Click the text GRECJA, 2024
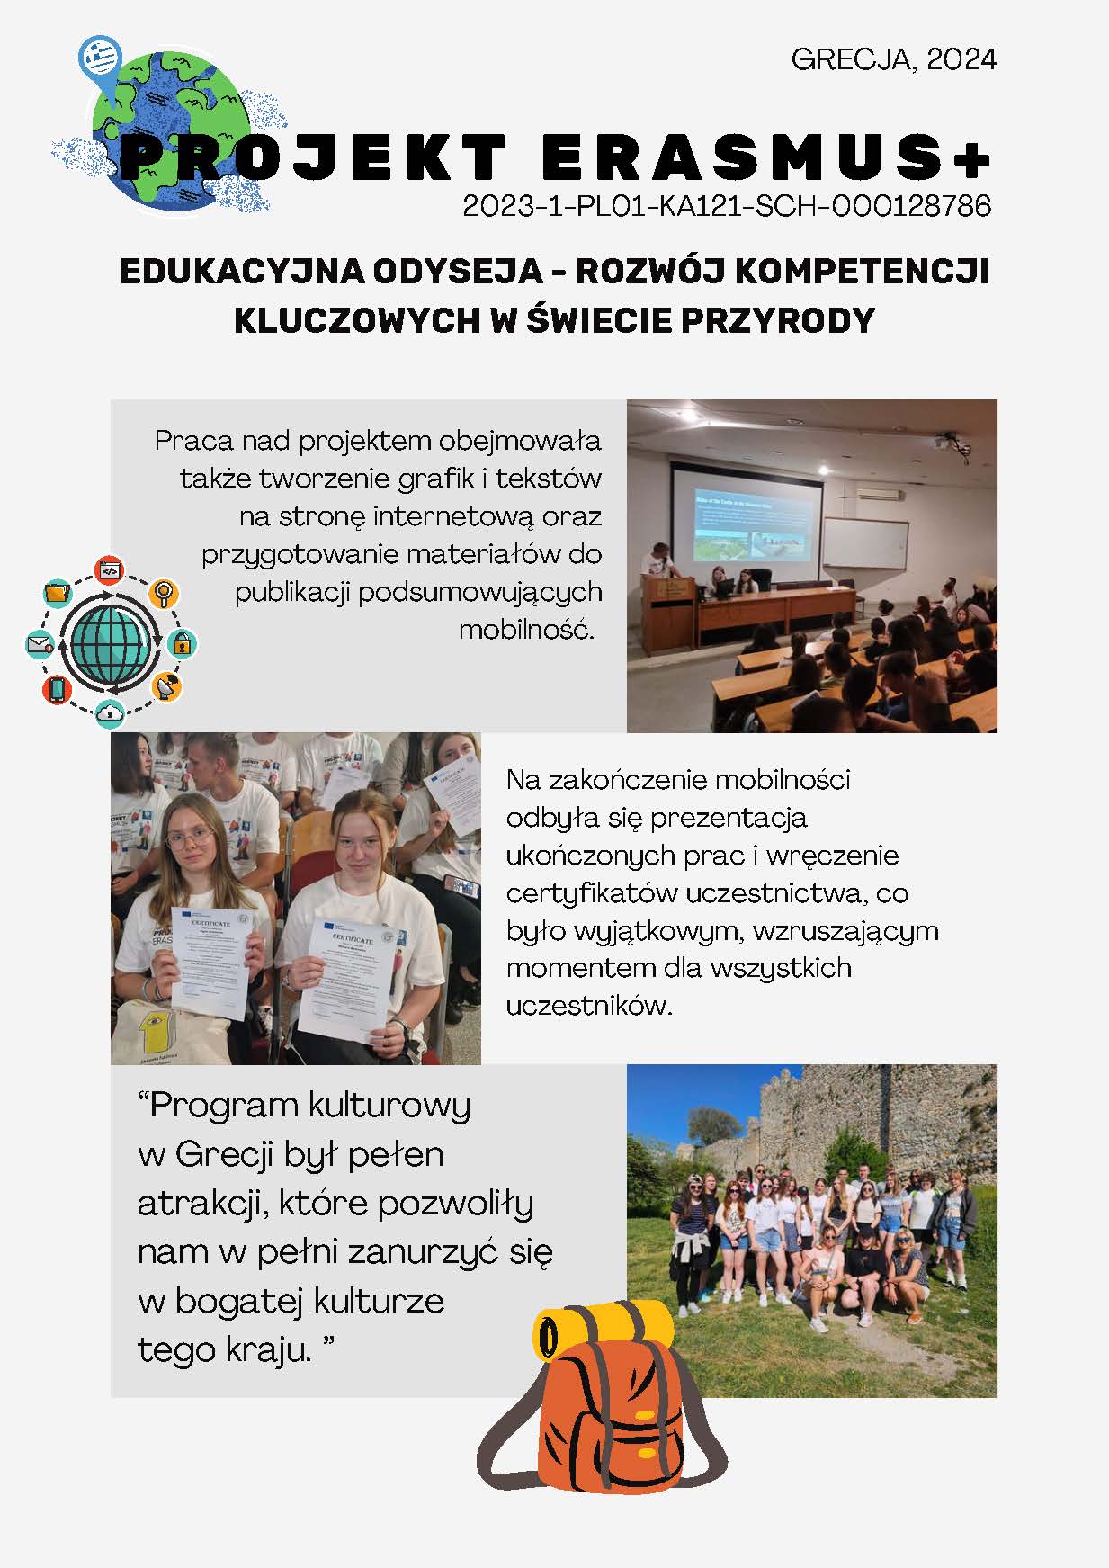click(x=893, y=59)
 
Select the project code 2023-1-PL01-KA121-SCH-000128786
click(x=727, y=206)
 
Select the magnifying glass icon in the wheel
click(x=164, y=593)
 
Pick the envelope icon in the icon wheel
click(x=40, y=644)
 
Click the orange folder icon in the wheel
click(x=57, y=592)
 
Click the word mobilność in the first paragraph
click(x=526, y=629)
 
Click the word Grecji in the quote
click(x=224, y=1154)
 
